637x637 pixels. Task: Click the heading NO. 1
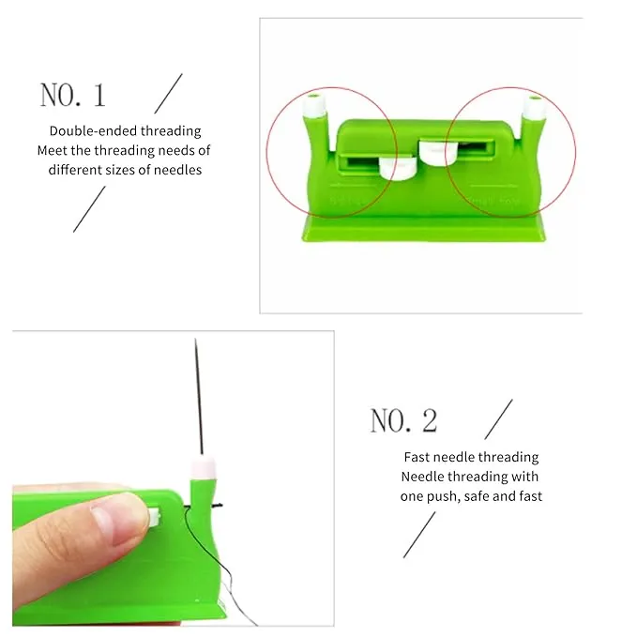[72, 95]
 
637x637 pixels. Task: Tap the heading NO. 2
[403, 420]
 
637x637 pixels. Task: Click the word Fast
[417, 457]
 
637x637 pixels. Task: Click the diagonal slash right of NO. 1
[168, 95]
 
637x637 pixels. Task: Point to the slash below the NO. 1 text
[89, 208]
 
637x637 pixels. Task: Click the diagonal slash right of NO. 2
[498, 419]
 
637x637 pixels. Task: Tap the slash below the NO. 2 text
[419, 535]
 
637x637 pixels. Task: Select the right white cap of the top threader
[534, 106]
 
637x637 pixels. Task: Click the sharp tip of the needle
[196, 342]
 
